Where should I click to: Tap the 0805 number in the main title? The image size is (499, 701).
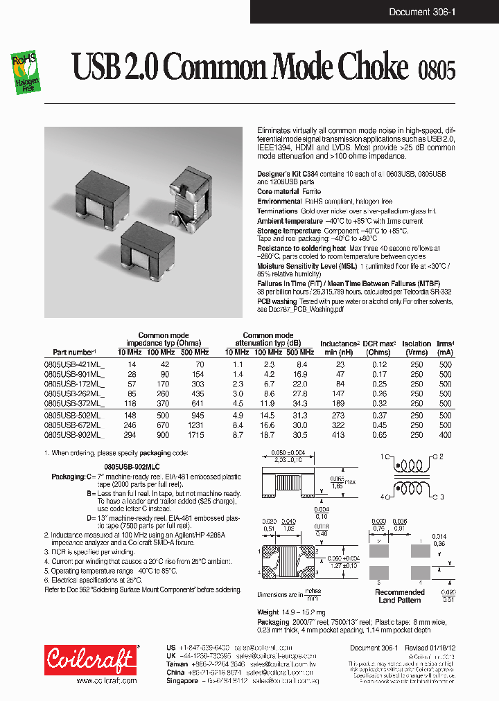pos(437,70)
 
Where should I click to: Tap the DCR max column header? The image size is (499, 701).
pos(378,347)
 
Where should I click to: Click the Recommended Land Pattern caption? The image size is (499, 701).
pos(399,596)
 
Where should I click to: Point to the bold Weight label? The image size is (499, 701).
pos(268,612)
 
